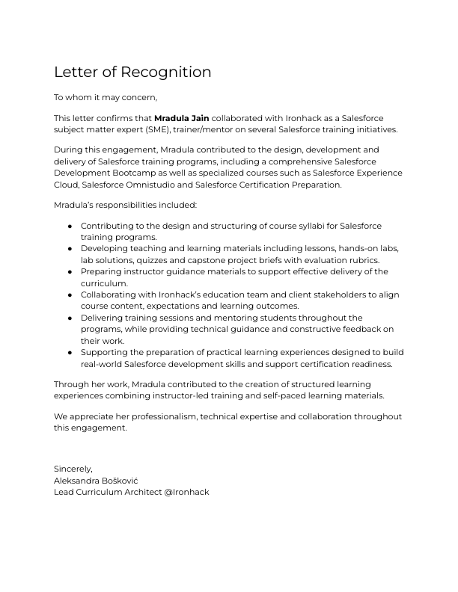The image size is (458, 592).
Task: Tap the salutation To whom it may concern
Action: [x=106, y=98]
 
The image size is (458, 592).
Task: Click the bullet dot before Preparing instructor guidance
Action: [x=70, y=272]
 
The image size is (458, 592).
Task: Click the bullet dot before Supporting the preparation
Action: [x=70, y=352]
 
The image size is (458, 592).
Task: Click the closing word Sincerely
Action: [x=73, y=469]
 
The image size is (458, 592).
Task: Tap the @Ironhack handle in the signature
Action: [x=187, y=492]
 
